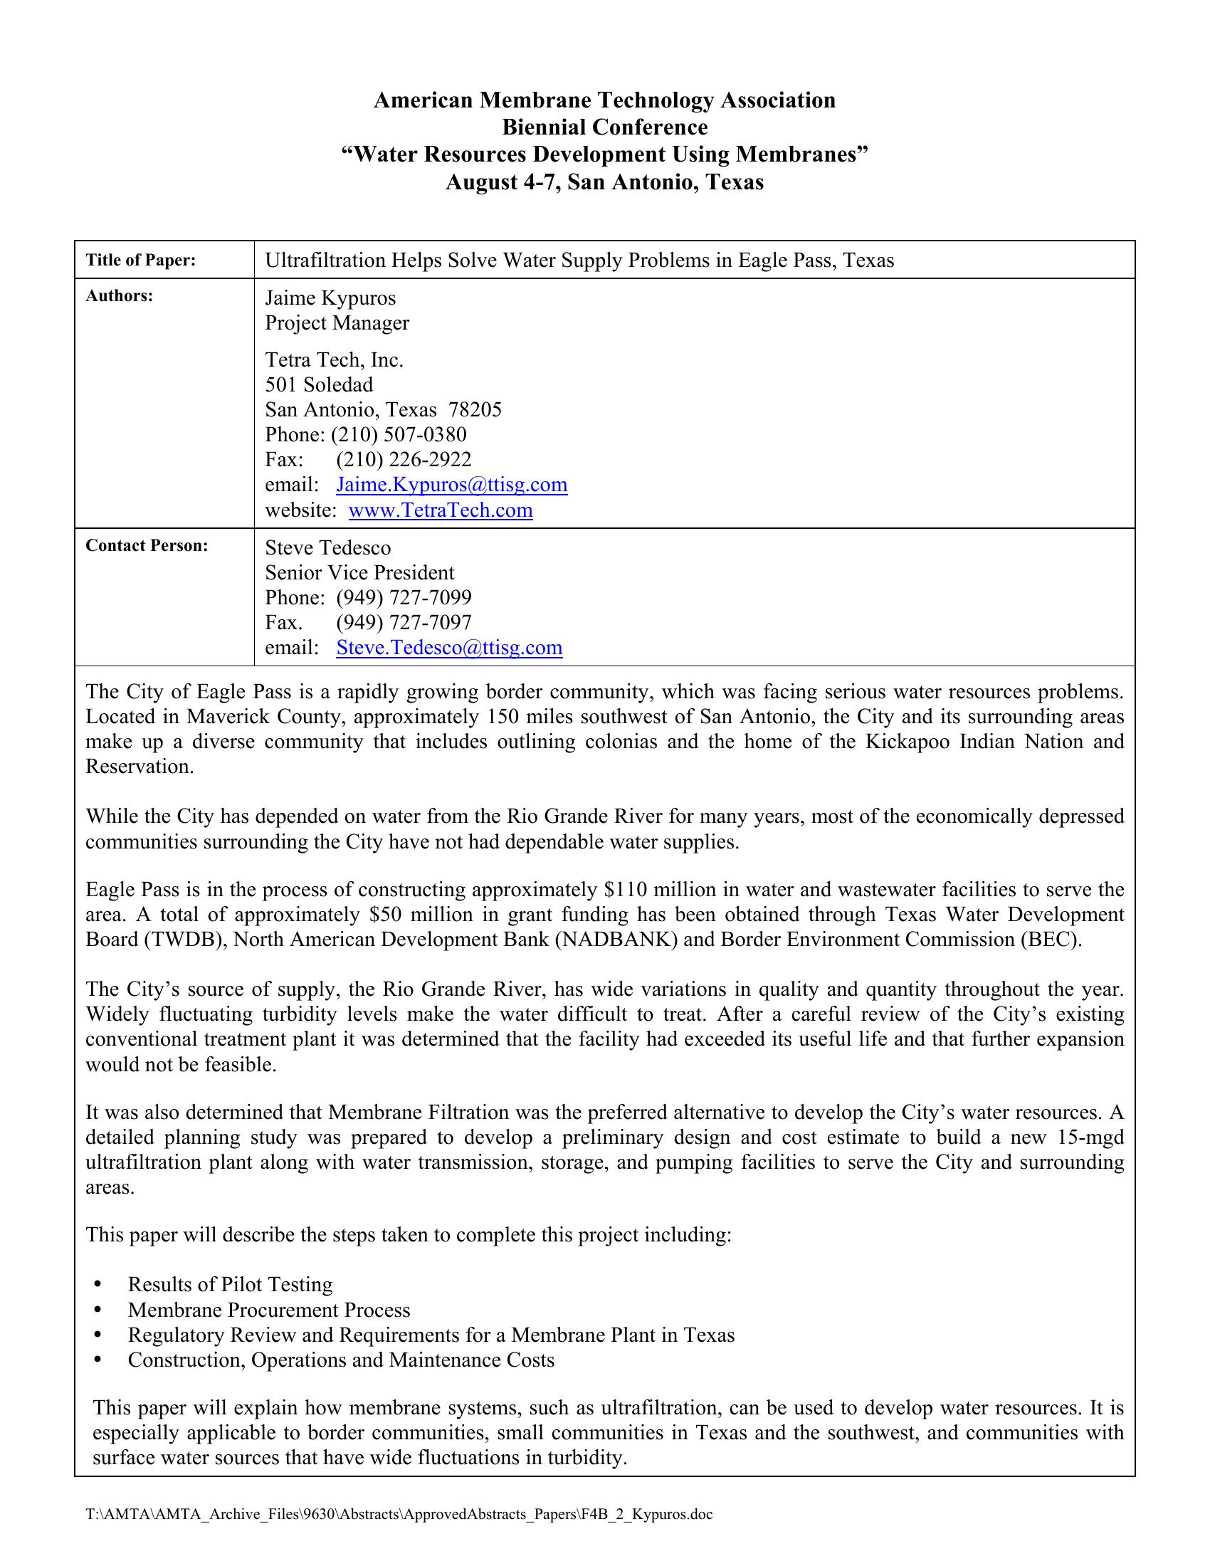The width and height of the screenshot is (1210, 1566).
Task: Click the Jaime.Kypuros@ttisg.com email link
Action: (x=451, y=485)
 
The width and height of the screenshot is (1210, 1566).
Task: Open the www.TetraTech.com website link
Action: (x=440, y=510)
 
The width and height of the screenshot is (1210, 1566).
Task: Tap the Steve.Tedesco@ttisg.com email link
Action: (x=448, y=648)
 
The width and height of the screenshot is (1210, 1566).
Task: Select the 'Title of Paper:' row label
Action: (x=140, y=261)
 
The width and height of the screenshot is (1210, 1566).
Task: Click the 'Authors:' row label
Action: (x=119, y=296)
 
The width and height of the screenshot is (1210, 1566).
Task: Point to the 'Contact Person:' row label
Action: (x=146, y=546)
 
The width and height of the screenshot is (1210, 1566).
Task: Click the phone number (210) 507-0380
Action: (x=398, y=435)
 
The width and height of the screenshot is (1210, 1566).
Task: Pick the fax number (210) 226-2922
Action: (x=404, y=460)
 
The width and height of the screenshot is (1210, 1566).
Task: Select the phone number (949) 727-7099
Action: (x=404, y=598)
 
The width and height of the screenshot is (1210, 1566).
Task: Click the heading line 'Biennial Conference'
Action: (x=604, y=127)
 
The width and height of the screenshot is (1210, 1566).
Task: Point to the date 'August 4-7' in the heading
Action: (x=502, y=183)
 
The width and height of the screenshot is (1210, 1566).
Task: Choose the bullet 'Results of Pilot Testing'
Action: (x=230, y=1285)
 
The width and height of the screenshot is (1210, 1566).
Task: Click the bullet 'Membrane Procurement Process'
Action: (x=269, y=1310)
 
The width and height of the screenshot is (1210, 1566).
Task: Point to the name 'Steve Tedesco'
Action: (x=327, y=549)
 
